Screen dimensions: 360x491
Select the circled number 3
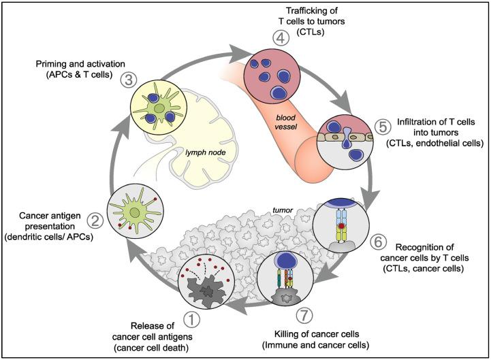(x=126, y=80)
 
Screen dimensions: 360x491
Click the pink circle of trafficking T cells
(x=274, y=69)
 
